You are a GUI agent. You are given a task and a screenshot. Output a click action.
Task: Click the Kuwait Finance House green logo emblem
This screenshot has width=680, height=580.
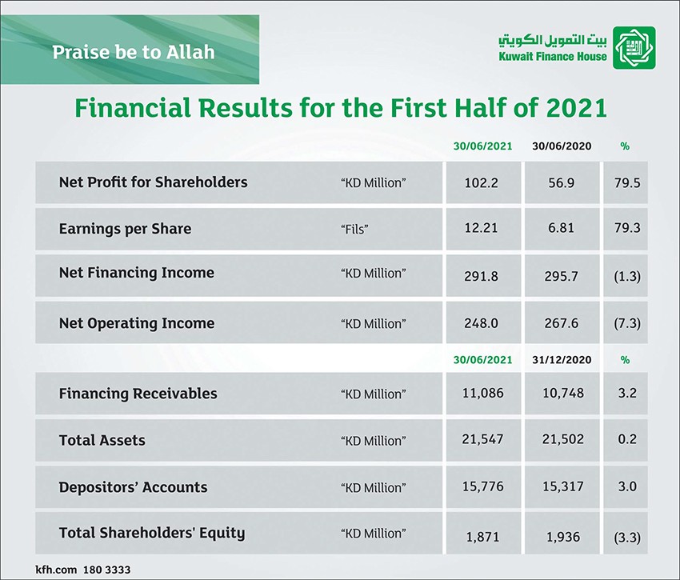(x=634, y=47)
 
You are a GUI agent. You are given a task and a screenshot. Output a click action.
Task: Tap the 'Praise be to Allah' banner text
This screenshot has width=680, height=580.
(x=134, y=52)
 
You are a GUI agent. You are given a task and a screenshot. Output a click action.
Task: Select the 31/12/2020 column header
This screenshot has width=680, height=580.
(x=562, y=360)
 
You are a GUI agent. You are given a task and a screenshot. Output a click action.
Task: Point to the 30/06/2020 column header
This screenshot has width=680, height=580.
(x=562, y=146)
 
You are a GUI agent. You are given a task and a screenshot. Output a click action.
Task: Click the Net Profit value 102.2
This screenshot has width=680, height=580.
(x=482, y=182)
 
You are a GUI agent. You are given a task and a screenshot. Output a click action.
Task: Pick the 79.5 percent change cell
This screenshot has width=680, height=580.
(x=627, y=182)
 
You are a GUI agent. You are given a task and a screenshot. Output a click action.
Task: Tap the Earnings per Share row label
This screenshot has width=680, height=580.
(x=125, y=229)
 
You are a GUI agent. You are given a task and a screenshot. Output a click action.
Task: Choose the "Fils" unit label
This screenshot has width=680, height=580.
(x=354, y=229)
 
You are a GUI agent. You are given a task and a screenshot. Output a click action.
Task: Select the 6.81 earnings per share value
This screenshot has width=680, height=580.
(x=561, y=228)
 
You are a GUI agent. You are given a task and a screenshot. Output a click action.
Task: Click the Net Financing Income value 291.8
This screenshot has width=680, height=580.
(x=482, y=276)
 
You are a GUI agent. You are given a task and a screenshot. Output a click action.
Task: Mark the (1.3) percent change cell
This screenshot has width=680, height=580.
(x=627, y=276)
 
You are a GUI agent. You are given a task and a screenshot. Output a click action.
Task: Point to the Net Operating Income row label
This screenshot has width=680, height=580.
(x=137, y=323)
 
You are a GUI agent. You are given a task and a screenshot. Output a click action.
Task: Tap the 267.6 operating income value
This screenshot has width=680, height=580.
(x=561, y=323)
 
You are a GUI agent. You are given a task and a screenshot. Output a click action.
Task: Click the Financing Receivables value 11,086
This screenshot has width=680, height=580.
(x=482, y=393)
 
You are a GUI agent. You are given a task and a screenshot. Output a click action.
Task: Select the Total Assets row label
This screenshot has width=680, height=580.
(x=102, y=440)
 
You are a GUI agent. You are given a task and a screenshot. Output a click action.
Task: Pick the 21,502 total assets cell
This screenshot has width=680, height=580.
(x=563, y=439)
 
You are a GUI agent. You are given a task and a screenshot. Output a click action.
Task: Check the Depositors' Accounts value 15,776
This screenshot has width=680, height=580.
(x=482, y=486)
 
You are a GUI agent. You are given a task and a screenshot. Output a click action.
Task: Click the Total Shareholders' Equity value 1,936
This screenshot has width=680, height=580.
(x=563, y=537)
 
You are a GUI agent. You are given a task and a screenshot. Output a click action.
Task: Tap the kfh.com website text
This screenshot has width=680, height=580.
(x=56, y=570)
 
